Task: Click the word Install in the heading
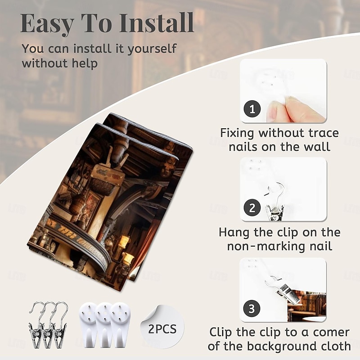pos(157,23)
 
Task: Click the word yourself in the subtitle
pos(152,49)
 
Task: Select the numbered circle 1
pos(252,109)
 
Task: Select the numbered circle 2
pos(252,208)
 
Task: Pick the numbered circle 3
pos(252,309)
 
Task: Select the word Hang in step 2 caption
pos(233,232)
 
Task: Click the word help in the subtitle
pos(85,63)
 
